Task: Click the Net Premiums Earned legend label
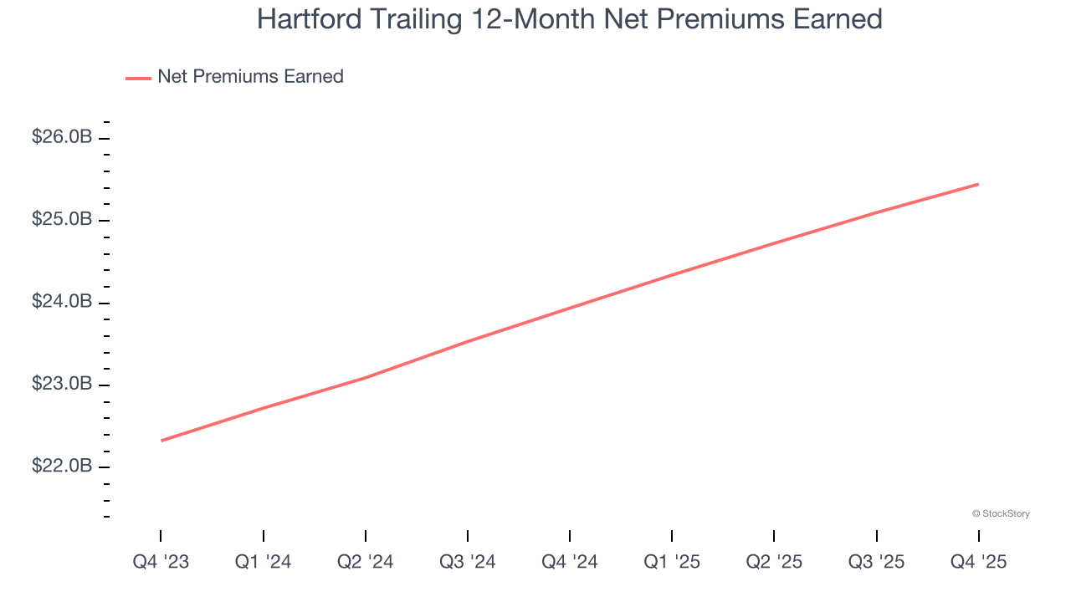pos(250,77)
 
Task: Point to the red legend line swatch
pos(138,78)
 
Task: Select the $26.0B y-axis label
pos(62,137)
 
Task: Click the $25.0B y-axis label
pos(62,219)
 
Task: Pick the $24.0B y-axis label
pos(62,301)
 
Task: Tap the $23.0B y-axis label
pos(62,384)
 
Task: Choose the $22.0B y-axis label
pos(62,466)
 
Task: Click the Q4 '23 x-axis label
pos(161,562)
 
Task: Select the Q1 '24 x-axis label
pos(263,562)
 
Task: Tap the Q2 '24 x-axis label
pos(365,562)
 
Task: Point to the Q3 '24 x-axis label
pos(467,562)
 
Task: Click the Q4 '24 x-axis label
pos(569,562)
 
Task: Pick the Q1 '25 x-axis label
pos(671,562)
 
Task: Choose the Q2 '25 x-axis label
pos(773,562)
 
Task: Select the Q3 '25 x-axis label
pos(876,562)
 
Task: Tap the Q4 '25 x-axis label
pos(978,562)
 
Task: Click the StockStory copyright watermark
pos(1001,513)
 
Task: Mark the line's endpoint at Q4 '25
pos(978,184)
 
